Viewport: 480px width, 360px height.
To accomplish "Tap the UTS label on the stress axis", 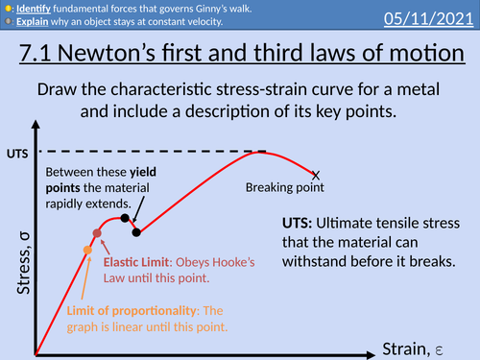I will [x=16, y=153].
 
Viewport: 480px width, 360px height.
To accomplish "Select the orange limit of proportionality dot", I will [x=87, y=251].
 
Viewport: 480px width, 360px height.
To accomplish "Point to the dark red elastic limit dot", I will [x=97, y=233].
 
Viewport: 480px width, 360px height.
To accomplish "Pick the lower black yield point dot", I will [x=136, y=231].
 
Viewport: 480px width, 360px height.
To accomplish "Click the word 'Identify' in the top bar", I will [x=37, y=8].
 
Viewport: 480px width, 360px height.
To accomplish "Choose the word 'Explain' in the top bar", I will [x=36, y=21].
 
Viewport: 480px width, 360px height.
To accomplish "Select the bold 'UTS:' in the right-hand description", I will [x=296, y=221].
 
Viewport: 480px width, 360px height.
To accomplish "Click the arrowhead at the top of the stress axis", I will [x=36, y=122].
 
